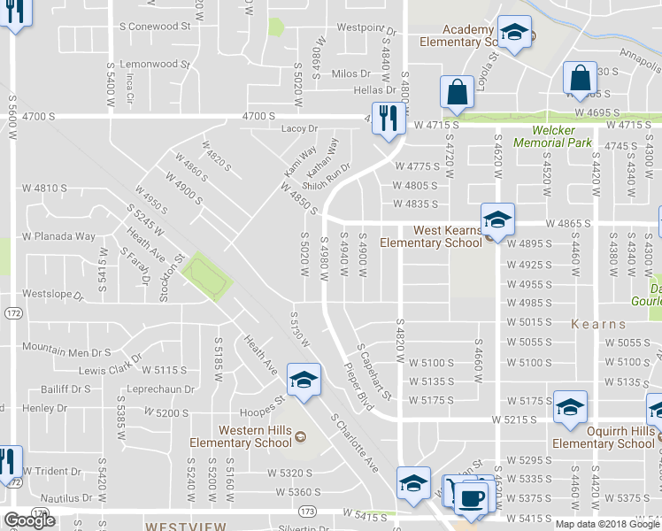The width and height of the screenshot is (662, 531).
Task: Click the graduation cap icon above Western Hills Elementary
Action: [303, 381]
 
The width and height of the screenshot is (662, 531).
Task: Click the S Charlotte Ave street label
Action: [354, 442]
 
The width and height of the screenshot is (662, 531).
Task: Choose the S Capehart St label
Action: [374, 371]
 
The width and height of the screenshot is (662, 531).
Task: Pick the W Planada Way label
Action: [58, 236]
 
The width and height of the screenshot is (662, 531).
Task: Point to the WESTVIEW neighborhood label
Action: [186, 525]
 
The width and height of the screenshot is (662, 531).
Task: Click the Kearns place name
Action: [598, 324]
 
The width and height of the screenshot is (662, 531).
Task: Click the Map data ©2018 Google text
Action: [607, 524]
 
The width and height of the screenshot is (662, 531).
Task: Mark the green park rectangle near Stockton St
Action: [206, 276]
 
